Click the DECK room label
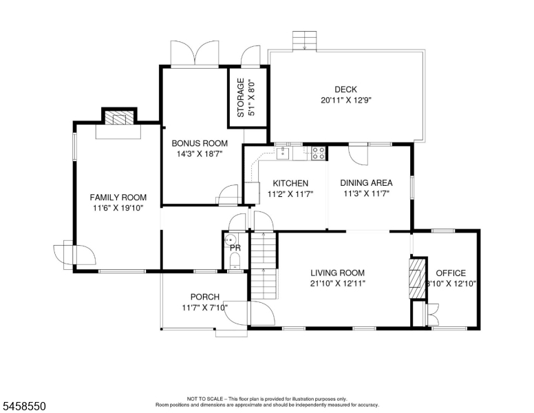pyautogui.click(x=345, y=89)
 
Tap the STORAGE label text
pyautogui.click(x=241, y=98)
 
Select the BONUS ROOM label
pyautogui.click(x=200, y=143)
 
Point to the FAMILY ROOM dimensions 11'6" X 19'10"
pyautogui.click(x=118, y=208)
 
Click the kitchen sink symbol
pyautogui.click(x=283, y=153)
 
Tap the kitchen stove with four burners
pyautogui.click(x=319, y=153)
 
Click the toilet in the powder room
pyautogui.click(x=235, y=262)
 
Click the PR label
pyautogui.click(x=235, y=248)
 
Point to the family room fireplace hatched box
pyautogui.click(x=119, y=118)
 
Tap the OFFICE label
pyautogui.click(x=451, y=273)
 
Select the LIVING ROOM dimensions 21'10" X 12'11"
pyautogui.click(x=337, y=284)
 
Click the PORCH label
pyautogui.click(x=205, y=297)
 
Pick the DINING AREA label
pyautogui.click(x=367, y=183)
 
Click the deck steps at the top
pyautogui.click(x=304, y=41)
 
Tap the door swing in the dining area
pyautogui.click(x=359, y=156)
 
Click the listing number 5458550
pyautogui.click(x=24, y=406)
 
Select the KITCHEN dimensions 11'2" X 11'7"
pyautogui.click(x=290, y=194)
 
